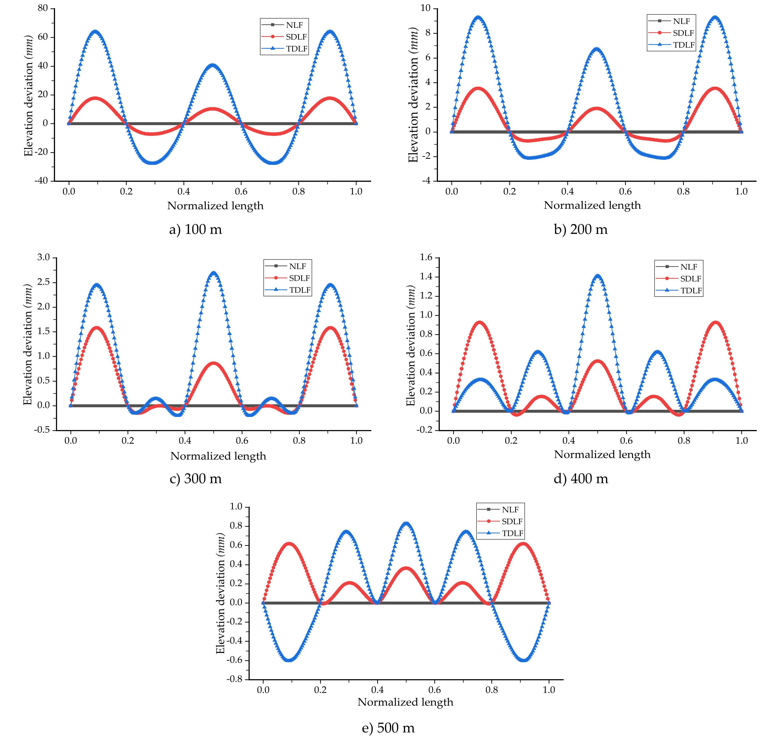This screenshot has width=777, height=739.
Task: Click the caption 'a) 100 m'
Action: tap(195, 229)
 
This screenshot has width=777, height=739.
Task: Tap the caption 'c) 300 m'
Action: tap(196, 479)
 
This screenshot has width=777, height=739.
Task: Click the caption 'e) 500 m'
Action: tap(388, 728)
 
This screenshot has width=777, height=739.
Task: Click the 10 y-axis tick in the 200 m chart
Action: tap(426, 8)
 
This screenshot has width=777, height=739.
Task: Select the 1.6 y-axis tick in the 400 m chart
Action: tap(426, 258)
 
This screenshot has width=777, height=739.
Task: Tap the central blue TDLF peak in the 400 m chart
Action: tap(598, 276)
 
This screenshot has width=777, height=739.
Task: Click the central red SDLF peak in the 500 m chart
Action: tap(406, 568)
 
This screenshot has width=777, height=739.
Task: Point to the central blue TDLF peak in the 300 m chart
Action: tap(213, 273)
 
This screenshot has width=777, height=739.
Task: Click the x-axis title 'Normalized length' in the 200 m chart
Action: tap(592, 205)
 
